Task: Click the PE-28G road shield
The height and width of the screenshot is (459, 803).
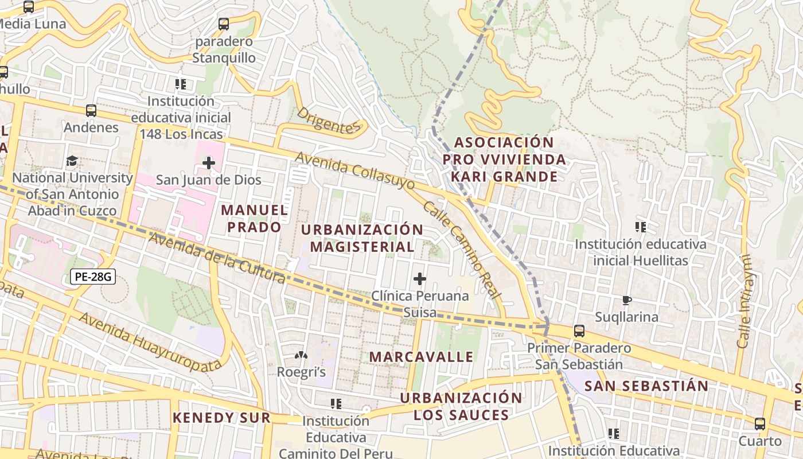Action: click(93, 277)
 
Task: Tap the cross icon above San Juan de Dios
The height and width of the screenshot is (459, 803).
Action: click(209, 164)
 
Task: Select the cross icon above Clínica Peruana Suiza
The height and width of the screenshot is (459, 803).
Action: click(420, 279)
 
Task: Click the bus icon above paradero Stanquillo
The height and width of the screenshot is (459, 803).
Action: click(224, 24)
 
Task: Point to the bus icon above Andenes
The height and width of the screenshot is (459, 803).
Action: click(91, 111)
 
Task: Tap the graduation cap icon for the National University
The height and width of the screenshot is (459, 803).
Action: click(72, 161)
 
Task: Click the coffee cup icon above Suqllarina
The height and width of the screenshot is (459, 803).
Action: click(626, 300)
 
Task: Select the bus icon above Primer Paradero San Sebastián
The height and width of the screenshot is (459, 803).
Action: click(579, 331)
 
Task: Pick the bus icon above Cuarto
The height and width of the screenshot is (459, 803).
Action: click(760, 424)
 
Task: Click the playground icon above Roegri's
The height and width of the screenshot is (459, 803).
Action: click(301, 356)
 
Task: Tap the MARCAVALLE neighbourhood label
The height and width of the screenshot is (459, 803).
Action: click(422, 357)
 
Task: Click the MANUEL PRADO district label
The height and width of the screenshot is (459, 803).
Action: click(255, 219)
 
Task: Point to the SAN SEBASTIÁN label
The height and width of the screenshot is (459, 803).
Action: click(646, 386)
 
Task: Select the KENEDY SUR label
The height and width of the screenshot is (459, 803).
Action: click(221, 418)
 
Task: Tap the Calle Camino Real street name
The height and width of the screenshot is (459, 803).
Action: click(462, 250)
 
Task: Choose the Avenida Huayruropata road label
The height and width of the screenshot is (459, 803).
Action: click(150, 342)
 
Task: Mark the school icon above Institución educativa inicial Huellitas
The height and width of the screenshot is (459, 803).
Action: click(641, 227)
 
